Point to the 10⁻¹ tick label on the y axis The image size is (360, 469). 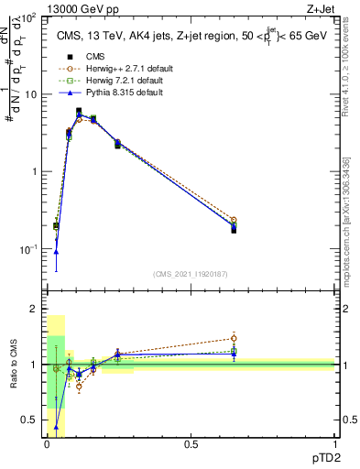coord(28,249)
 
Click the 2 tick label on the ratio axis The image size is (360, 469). coord(35,310)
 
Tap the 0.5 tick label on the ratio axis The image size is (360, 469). coord(30,420)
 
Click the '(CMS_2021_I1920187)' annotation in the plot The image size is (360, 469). coord(190,274)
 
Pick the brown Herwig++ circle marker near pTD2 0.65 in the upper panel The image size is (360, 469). coord(234,220)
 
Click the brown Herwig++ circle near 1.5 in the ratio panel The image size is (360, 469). coord(234,338)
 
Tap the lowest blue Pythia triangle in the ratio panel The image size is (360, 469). coord(57,427)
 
